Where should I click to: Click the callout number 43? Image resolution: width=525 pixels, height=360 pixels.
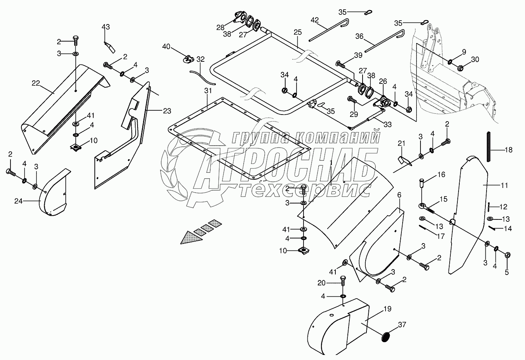point(106,27)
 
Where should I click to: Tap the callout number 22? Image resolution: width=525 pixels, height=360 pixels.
point(36,83)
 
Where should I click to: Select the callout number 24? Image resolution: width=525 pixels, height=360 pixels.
point(19,201)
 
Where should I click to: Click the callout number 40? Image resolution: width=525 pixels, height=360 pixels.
point(166,47)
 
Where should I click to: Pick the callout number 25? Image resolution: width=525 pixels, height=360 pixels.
point(298,32)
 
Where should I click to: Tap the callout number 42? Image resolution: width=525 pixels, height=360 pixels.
point(315,19)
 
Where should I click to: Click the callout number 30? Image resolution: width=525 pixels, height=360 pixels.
point(475,59)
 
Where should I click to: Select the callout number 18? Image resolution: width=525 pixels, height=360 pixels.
point(509,150)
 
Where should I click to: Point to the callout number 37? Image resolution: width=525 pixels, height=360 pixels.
point(402,325)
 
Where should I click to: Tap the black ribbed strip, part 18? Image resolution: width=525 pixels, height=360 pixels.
point(488,147)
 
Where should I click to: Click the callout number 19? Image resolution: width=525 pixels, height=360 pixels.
point(387,309)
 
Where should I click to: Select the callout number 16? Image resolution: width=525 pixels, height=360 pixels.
point(441,175)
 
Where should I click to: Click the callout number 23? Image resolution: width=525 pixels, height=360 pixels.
point(167,111)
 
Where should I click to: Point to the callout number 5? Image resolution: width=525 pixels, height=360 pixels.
point(507,272)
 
